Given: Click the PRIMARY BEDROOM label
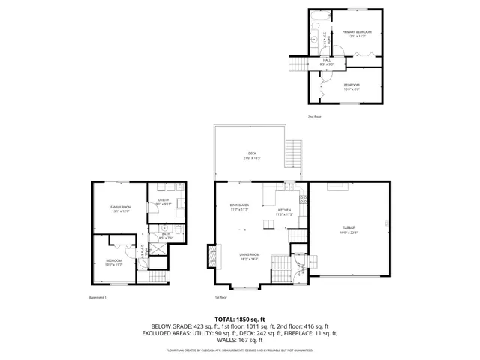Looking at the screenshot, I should click(x=357, y=34).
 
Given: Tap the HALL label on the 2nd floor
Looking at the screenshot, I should click(x=327, y=61).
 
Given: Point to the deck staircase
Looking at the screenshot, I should click(x=293, y=156).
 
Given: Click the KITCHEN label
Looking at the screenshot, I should click(x=284, y=211).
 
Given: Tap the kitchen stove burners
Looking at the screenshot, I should click(x=303, y=199).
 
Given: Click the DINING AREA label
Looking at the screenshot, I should click(x=240, y=207).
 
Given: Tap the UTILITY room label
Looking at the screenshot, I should click(x=163, y=202).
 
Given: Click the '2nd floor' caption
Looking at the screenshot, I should click(x=315, y=117).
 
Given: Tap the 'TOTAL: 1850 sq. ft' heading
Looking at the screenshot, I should click(x=240, y=319).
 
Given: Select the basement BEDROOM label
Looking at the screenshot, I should click(x=113, y=262).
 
